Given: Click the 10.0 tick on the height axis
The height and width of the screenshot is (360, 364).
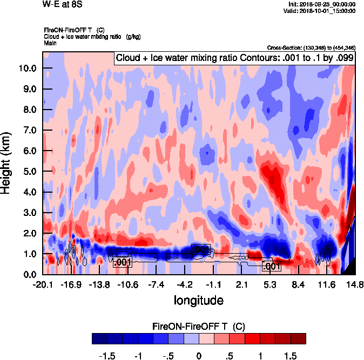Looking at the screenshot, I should coord(27,69).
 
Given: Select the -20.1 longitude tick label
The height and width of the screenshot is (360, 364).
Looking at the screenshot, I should coord(42,284).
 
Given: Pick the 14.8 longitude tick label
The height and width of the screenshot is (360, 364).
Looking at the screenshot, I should coord(355,284).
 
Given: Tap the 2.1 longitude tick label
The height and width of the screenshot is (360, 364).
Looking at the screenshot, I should coord(242,284).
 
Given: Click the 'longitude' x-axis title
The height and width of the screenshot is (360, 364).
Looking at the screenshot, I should coord(198,299).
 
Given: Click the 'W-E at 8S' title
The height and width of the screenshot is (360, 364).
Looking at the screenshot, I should coord(59,4).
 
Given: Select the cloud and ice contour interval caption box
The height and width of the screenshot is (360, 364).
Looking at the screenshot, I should coord(234,57).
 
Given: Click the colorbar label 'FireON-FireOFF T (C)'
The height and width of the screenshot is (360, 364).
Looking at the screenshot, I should coord(199,327).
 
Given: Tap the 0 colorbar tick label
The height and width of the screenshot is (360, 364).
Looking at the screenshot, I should coord(199,356).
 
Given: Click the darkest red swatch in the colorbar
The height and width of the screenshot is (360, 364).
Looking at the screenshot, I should coord(298,338).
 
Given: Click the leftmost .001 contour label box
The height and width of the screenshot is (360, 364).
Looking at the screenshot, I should coord(122,262).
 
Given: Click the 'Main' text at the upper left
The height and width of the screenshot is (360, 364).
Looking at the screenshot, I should coord(50,42).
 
